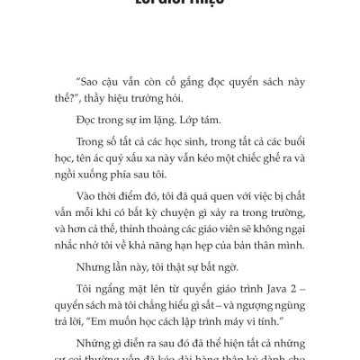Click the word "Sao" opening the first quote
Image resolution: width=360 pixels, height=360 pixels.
tap(90, 79)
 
